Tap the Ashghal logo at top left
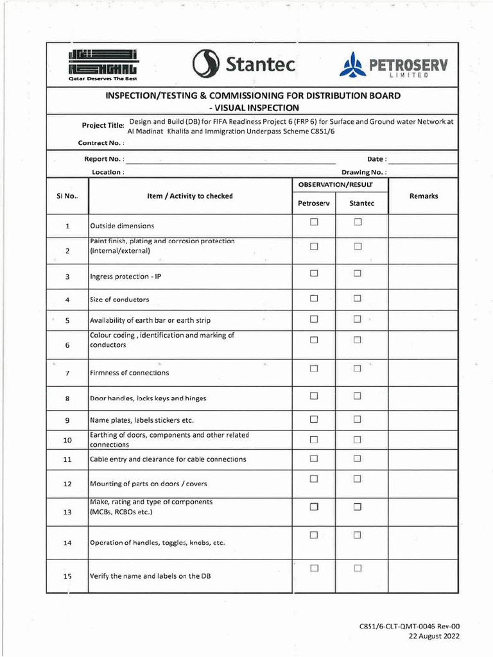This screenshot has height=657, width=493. [x=103, y=64]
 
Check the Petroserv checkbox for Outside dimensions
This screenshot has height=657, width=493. [x=315, y=222]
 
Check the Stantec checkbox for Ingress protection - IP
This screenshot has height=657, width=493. [x=358, y=273]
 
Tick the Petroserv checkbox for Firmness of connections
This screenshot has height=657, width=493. [x=315, y=368]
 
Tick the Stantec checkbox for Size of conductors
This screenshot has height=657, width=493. [x=358, y=298]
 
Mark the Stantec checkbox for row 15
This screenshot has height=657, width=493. [x=358, y=568]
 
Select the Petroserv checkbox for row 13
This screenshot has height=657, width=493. [x=315, y=507]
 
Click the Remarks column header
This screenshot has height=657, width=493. [x=423, y=196]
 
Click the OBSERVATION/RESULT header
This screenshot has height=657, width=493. [x=340, y=185]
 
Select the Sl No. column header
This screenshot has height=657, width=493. [x=67, y=196]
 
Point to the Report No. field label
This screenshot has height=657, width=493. [x=104, y=158]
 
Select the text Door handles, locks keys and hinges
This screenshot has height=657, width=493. [x=148, y=398]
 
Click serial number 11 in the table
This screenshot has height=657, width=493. [x=67, y=459]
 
